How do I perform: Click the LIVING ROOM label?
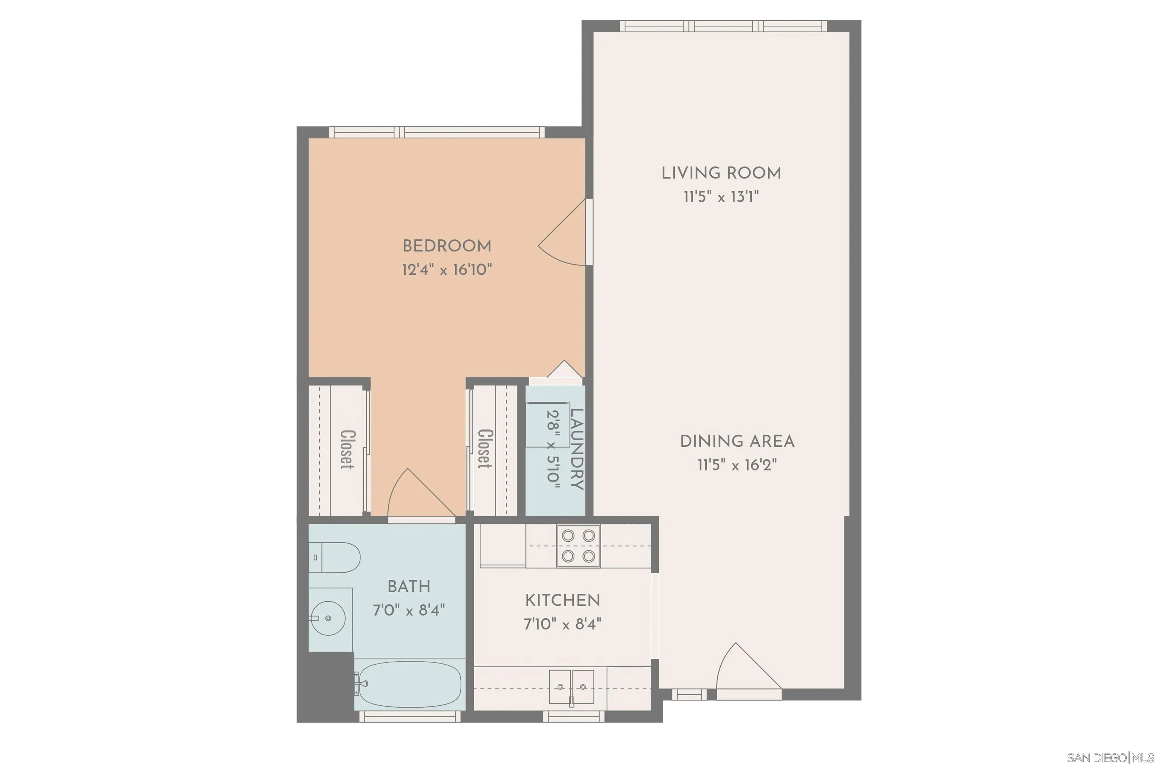(x=721, y=173)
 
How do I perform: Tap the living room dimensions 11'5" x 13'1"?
(x=721, y=197)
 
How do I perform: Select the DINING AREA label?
(x=737, y=441)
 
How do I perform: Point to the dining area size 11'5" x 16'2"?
(x=737, y=464)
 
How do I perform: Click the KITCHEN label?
(x=562, y=601)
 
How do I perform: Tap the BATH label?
(x=409, y=586)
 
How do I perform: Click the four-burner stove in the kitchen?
(x=578, y=546)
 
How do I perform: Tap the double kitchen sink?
(x=571, y=686)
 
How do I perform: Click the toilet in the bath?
(x=335, y=558)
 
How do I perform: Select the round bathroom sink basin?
(x=328, y=618)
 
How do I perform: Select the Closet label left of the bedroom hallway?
(x=347, y=449)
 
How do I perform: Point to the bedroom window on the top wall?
(x=436, y=132)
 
